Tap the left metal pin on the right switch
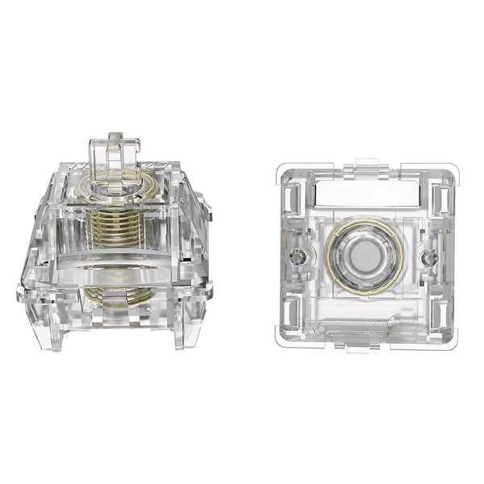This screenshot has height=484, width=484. pos(298,257)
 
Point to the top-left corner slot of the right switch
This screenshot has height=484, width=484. pos(294,194)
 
